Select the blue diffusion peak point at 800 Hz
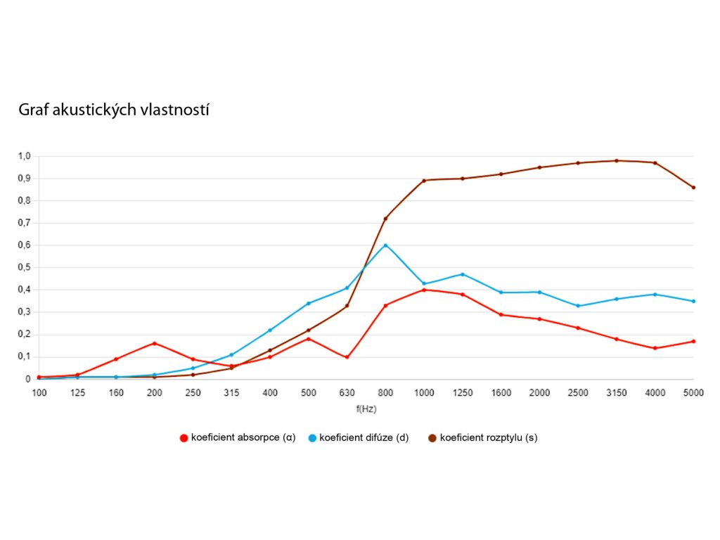385,245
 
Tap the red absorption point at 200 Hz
155,343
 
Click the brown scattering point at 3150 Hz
617,160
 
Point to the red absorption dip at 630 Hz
347,357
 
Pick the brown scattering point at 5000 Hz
693,187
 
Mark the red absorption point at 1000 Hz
424,290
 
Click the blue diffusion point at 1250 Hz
463,274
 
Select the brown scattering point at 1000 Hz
424,181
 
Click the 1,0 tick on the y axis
25,156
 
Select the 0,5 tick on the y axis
25,268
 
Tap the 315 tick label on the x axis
231,392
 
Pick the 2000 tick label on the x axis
539,392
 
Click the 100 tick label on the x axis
39,392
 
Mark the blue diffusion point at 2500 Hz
578,306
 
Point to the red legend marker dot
184,437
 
